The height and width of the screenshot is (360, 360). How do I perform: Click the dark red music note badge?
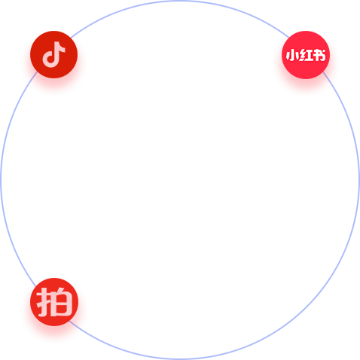coord(53,54)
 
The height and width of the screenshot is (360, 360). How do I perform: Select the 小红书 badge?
coord(306,55)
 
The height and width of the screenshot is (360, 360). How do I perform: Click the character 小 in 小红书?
coord(291,55)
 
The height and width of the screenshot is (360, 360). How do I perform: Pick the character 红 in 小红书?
coord(305,55)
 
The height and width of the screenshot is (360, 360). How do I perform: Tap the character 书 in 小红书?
coord(319,55)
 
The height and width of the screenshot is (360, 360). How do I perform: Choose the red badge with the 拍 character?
coord(54,302)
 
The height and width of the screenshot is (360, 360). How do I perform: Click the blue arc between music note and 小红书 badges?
coord(180,1)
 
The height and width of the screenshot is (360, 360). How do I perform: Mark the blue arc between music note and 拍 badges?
coord(1,180)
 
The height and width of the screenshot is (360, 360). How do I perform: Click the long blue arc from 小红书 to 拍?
coord(307,307)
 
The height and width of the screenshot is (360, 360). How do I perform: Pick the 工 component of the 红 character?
coord(309,56)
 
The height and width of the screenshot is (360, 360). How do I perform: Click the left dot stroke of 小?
coord(288,56)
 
